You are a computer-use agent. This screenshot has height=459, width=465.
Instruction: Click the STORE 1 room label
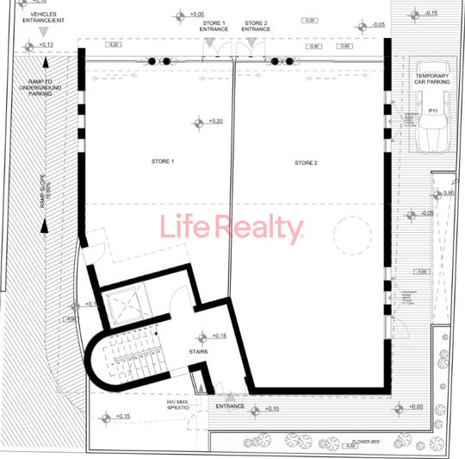(x=163, y=162)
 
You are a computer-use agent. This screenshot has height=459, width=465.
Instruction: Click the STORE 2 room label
(x=306, y=163)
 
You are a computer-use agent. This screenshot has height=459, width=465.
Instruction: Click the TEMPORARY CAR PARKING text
(x=432, y=80)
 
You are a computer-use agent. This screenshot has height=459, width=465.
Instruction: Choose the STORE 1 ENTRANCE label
(x=214, y=27)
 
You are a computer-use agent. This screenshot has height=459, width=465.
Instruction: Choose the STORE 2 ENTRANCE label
(x=256, y=27)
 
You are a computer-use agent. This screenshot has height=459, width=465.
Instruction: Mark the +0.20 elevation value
(x=215, y=122)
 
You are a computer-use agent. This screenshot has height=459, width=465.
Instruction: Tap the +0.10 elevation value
(x=272, y=408)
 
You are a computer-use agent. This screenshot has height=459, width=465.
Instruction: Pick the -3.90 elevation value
(x=447, y=193)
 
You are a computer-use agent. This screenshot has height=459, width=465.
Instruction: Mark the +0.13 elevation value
(x=46, y=44)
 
